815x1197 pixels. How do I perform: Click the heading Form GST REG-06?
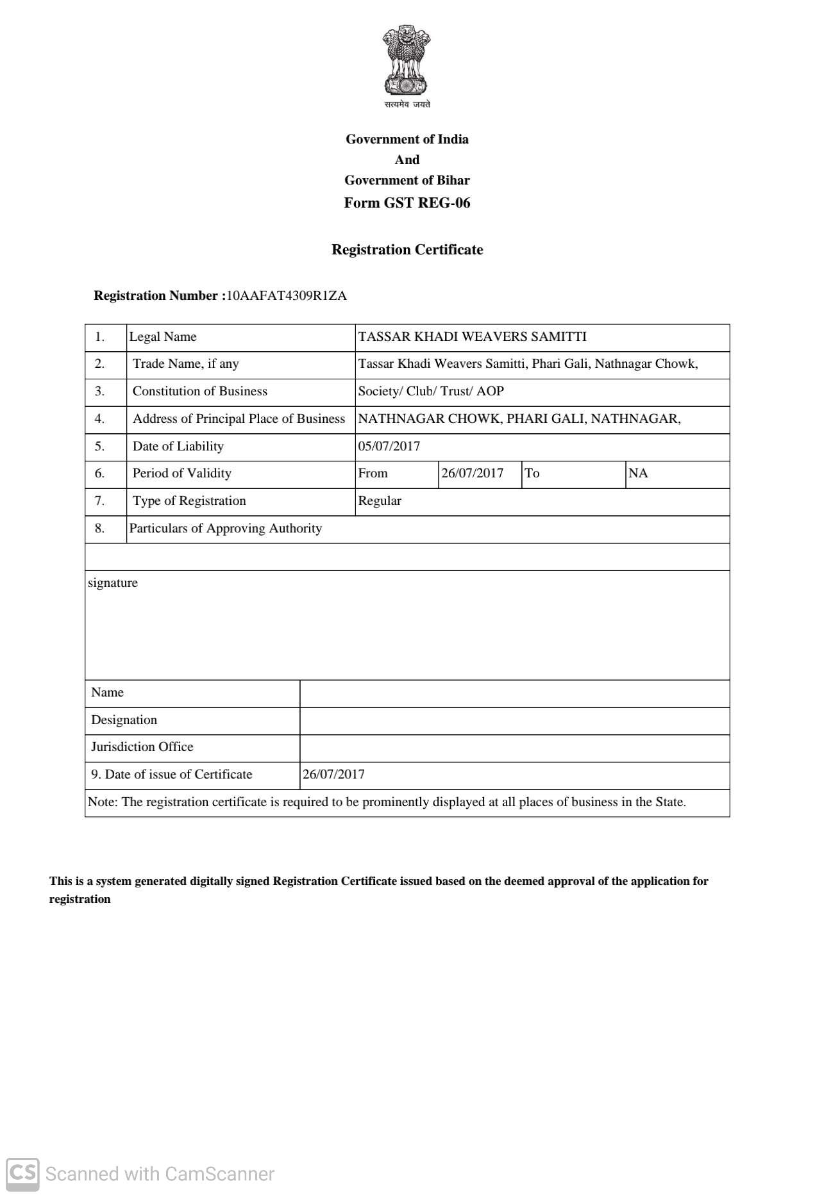click(407, 203)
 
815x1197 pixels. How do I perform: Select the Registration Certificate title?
click(407, 250)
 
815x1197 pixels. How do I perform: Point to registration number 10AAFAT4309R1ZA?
click(287, 295)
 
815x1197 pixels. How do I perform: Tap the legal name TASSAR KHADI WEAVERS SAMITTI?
click(472, 337)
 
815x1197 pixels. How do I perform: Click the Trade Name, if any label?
click(185, 364)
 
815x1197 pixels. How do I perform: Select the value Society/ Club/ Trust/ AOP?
click(431, 392)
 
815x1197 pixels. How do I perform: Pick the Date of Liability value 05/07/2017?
click(389, 446)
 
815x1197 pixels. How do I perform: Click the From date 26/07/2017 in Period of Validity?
click(472, 474)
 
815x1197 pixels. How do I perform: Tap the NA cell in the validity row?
click(638, 474)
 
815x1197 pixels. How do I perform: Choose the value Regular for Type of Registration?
click(380, 501)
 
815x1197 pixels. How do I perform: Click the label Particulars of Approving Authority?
click(225, 529)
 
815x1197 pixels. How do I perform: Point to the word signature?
click(113, 583)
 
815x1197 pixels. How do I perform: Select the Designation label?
click(124, 720)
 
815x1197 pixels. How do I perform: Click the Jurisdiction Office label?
click(142, 747)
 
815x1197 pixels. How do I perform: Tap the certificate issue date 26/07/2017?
click(333, 775)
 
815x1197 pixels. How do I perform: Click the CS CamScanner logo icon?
click(22, 1174)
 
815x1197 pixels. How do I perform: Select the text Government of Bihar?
click(407, 181)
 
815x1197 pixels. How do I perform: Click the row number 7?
click(99, 501)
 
